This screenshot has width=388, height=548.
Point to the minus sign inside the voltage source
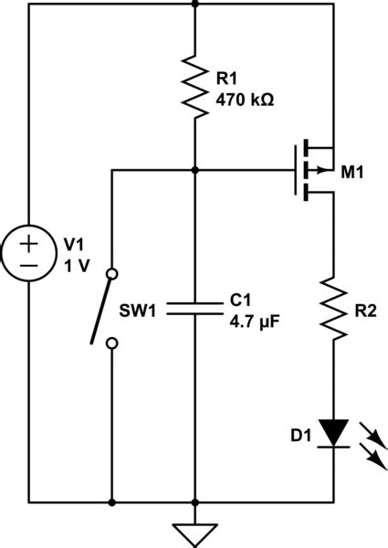[29, 266]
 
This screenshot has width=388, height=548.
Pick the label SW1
[140, 311]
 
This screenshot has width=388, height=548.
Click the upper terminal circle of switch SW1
[111, 273]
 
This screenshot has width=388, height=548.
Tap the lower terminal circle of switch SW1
[111, 343]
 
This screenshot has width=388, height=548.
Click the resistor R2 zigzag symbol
[334, 311]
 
